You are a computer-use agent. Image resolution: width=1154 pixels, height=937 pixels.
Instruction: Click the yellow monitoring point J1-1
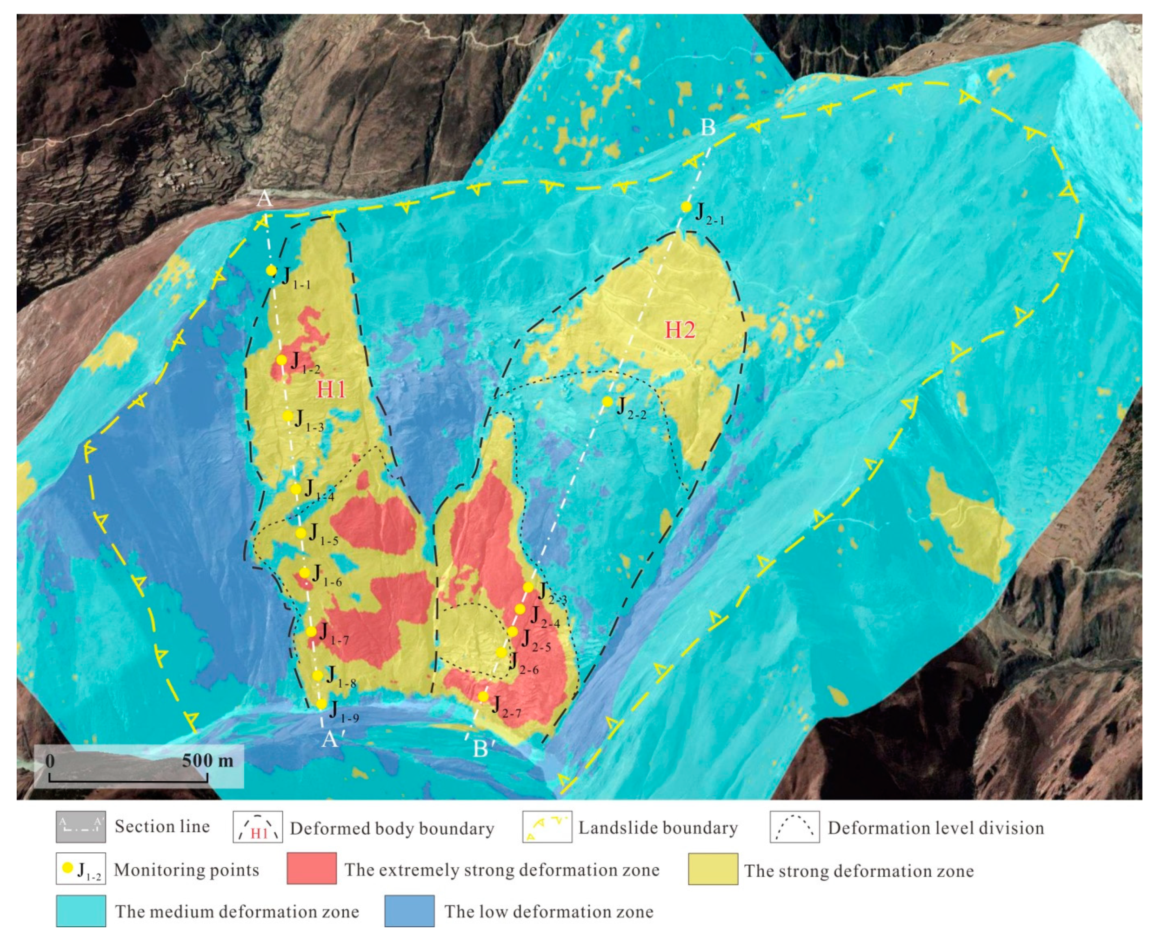(271, 270)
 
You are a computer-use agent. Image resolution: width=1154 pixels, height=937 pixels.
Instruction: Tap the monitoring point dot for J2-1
(686, 207)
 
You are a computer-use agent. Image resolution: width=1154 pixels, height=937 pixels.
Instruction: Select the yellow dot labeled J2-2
(607, 402)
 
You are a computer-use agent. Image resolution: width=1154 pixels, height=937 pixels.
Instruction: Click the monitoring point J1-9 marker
(321, 704)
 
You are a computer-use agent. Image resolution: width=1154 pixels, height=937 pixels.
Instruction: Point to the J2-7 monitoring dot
(483, 697)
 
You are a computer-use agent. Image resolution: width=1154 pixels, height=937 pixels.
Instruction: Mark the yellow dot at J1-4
(296, 489)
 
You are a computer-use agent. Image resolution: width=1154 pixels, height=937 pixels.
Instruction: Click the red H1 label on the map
(330, 389)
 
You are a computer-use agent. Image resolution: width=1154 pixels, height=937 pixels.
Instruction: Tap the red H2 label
(680, 330)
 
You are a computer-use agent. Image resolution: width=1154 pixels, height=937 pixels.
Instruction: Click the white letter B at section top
(708, 128)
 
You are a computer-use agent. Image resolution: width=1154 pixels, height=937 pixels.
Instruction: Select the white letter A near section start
(264, 199)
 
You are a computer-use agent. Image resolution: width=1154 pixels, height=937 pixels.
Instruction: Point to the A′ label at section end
(330, 739)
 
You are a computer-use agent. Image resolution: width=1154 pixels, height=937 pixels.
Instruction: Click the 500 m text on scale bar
(207, 761)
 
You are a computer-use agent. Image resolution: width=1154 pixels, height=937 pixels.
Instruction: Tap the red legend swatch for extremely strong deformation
(311, 869)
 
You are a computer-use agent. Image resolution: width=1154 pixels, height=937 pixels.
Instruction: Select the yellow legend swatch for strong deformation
(713, 869)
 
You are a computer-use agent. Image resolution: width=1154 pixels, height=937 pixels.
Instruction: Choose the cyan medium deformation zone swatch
(81, 911)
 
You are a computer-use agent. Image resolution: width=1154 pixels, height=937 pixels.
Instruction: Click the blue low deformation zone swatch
(409, 911)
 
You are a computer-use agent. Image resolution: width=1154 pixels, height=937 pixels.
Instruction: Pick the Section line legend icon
(81, 826)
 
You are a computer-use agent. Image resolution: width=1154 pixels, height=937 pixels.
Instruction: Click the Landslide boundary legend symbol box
(547, 826)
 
